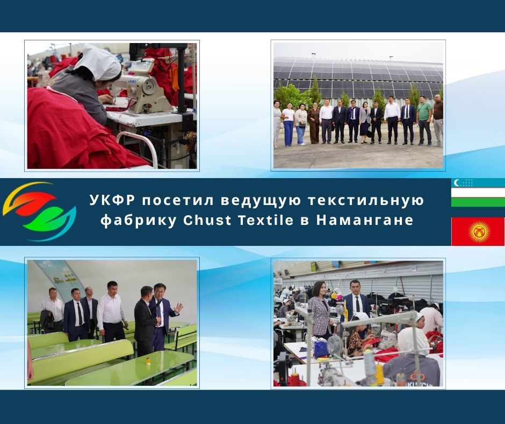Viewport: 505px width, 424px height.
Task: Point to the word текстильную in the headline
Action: [366, 201]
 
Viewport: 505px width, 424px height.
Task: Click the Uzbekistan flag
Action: [478, 193]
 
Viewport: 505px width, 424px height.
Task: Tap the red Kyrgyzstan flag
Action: [478, 231]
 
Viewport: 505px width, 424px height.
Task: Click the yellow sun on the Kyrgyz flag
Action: [479, 232]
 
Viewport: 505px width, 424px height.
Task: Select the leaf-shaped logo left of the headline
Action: [39, 211]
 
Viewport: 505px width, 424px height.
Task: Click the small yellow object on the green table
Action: [148, 361]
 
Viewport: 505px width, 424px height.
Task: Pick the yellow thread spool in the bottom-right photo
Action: [380, 375]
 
